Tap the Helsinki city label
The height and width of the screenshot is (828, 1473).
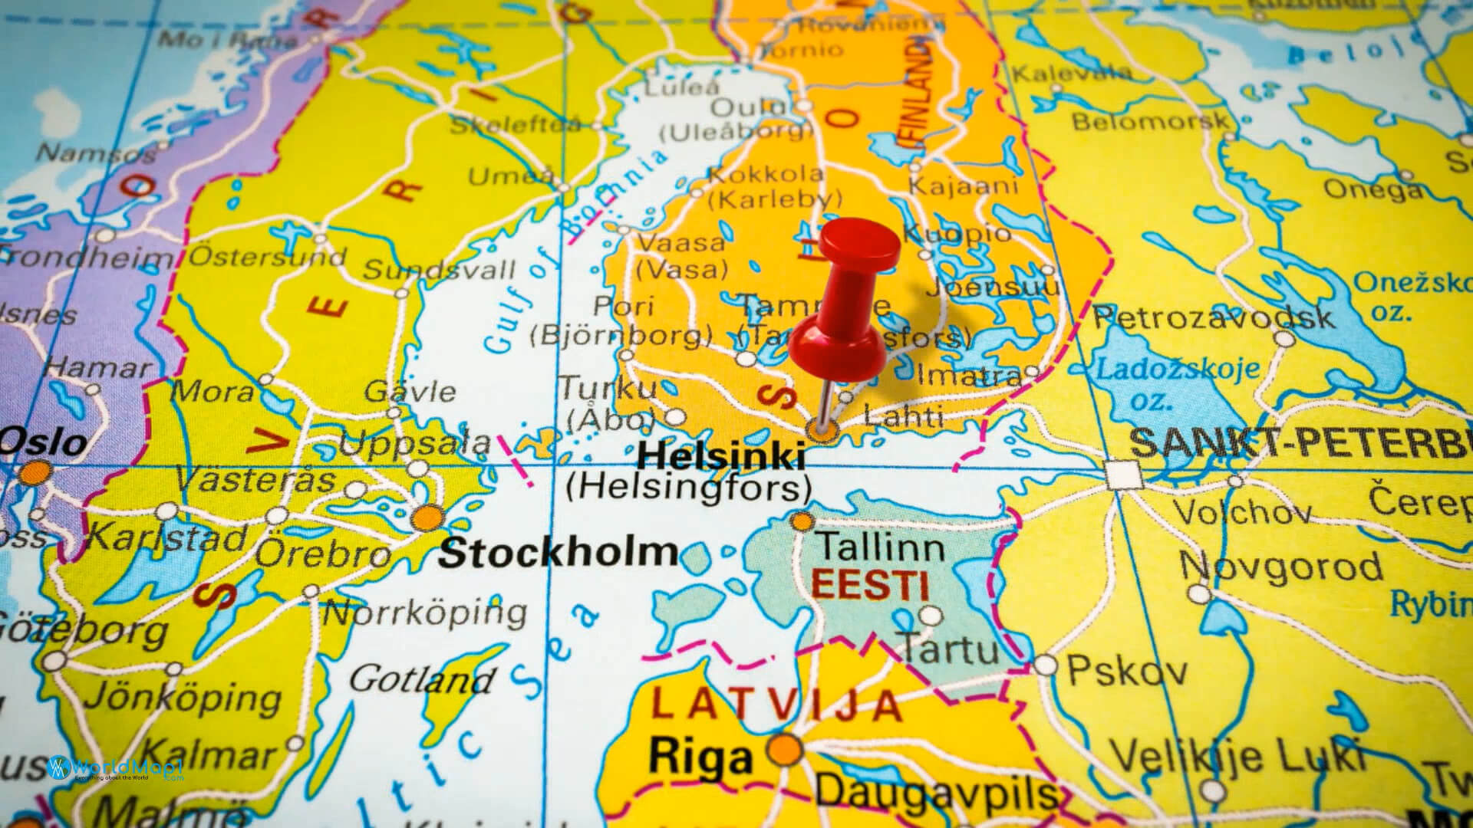[721, 457]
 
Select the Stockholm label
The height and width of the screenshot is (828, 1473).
[558, 553]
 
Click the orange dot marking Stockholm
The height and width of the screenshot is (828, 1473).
[427, 518]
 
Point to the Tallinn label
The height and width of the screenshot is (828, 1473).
[879, 547]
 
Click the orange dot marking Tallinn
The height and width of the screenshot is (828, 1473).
[802, 522]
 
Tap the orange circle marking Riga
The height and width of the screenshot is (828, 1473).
[784, 749]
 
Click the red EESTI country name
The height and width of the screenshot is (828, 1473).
[869, 586]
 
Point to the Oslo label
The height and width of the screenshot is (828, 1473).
[44, 443]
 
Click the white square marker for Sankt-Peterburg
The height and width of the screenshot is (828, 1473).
[1123, 475]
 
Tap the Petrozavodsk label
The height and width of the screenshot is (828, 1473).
[1213, 317]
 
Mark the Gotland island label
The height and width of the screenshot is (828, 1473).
[421, 679]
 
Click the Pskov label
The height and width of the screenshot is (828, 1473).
[1126, 671]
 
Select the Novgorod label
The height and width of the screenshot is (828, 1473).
[1281, 567]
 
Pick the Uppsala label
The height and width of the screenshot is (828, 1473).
[414, 442]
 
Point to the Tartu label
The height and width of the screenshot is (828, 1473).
[949, 649]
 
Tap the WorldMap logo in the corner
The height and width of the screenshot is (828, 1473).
[115, 768]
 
